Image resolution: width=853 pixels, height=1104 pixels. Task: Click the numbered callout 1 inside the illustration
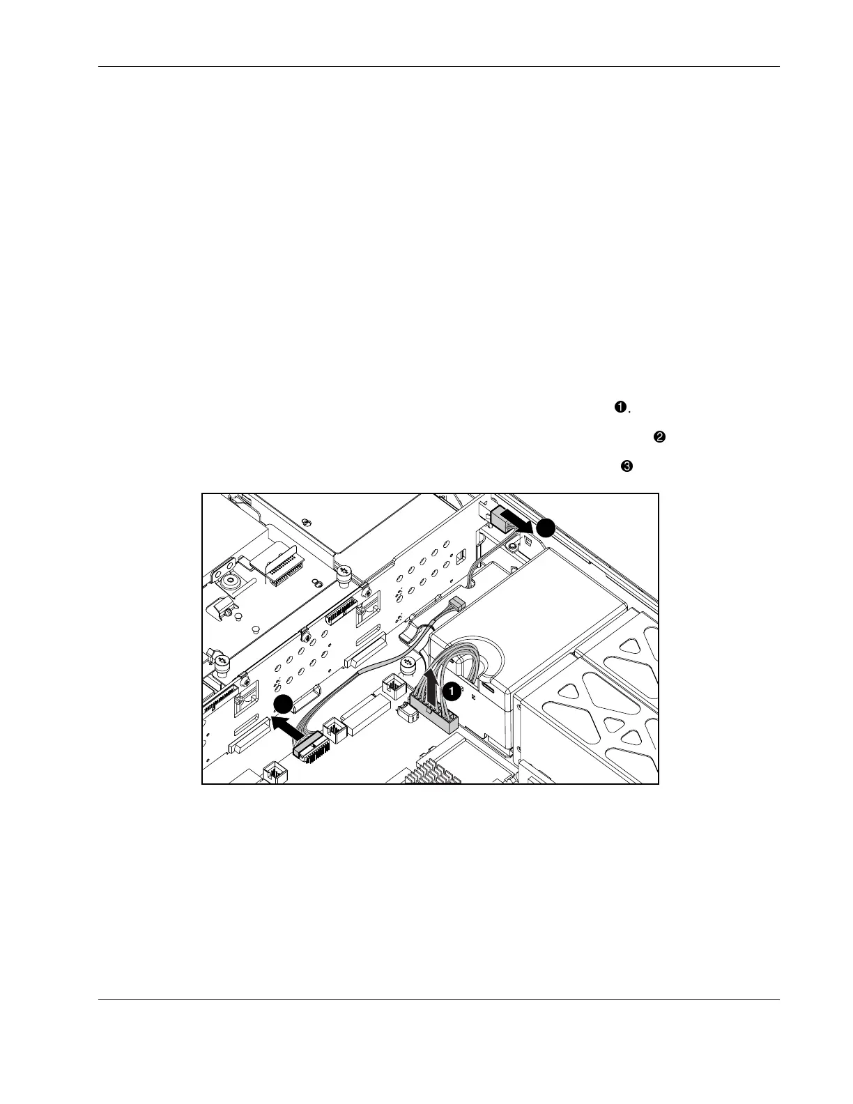coord(452,691)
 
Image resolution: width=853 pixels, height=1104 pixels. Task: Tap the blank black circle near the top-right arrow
coord(546,528)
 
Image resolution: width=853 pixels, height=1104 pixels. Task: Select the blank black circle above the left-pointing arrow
coord(282,705)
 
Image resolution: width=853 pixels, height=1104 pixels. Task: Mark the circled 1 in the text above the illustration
coord(619,408)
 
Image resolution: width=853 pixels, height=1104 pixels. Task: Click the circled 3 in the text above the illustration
coord(626,467)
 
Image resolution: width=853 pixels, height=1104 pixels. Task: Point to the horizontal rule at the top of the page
coord(439,67)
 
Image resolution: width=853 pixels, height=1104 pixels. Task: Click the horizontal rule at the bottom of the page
coord(439,999)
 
